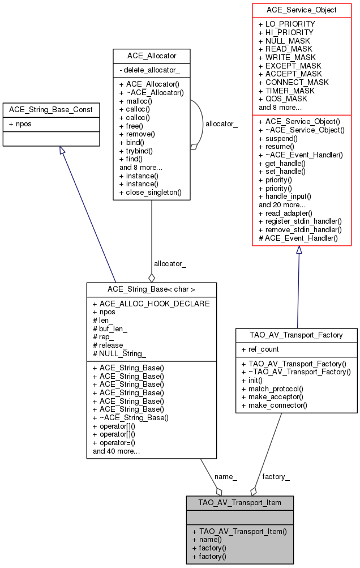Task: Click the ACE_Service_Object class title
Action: coord(302,10)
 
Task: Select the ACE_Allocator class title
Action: coord(151,55)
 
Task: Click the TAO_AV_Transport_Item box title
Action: coord(240,502)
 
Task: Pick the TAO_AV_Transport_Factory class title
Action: coord(297,335)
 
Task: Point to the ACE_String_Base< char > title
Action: coord(151,289)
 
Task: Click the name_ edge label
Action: coord(226,476)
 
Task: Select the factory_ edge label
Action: coord(276,476)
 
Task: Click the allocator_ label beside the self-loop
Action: coord(221,123)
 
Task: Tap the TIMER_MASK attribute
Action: coord(286,91)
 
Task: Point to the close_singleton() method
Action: coord(150,193)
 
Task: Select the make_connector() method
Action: coord(277,405)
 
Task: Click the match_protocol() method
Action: coord(276,389)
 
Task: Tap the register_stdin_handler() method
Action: coord(300,221)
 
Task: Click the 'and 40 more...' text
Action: coord(117,451)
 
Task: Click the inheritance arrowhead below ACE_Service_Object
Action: coord(299,250)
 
